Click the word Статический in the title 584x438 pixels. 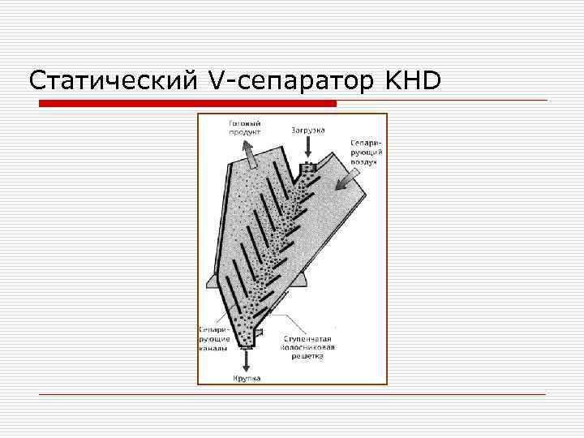(110, 81)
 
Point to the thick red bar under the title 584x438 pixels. (188, 104)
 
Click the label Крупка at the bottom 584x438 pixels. (247, 378)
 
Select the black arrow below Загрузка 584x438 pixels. (307, 148)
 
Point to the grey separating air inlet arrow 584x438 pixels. (348, 178)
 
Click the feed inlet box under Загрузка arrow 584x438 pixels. (307, 169)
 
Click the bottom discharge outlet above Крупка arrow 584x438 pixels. (247, 344)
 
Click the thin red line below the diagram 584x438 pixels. (292, 394)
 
